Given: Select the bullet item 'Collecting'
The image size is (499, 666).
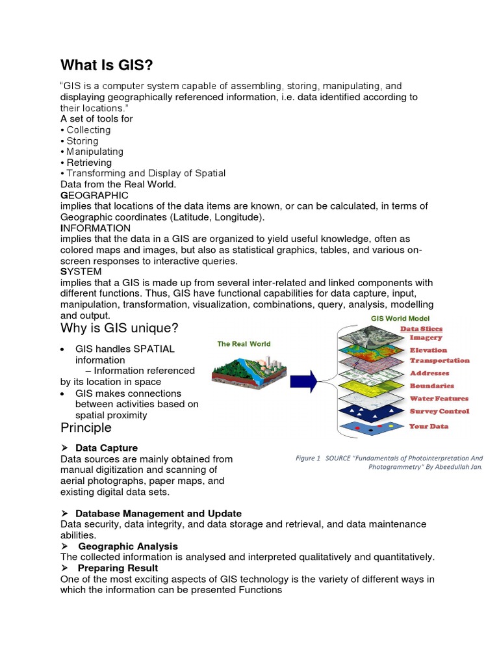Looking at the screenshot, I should tap(88, 130).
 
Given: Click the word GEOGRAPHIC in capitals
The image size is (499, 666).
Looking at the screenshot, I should tap(94, 195).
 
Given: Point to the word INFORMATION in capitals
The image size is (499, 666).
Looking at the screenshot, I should tap(96, 228).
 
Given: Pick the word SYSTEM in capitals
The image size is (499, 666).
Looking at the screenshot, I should tap(81, 271).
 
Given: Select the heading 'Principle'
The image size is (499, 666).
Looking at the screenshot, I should tap(86, 428).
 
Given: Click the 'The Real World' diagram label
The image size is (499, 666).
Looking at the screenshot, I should tap(244, 344).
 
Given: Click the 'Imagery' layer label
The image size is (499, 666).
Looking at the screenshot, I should tap(426, 338).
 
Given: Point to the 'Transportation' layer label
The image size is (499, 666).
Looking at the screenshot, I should tap(439, 360).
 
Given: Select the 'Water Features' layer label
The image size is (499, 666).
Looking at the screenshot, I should tap(439, 399).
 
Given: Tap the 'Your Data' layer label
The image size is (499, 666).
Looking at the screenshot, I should tap(429, 427).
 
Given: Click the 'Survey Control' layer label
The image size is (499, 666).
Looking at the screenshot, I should tap(439, 411).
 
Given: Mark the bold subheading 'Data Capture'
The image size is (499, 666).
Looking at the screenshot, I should tap(107, 448).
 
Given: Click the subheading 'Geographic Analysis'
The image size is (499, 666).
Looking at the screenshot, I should tap(128, 546).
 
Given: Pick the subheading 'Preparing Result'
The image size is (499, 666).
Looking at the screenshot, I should tap(118, 568).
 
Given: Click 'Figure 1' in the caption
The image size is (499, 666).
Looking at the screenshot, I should tap(308, 458).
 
